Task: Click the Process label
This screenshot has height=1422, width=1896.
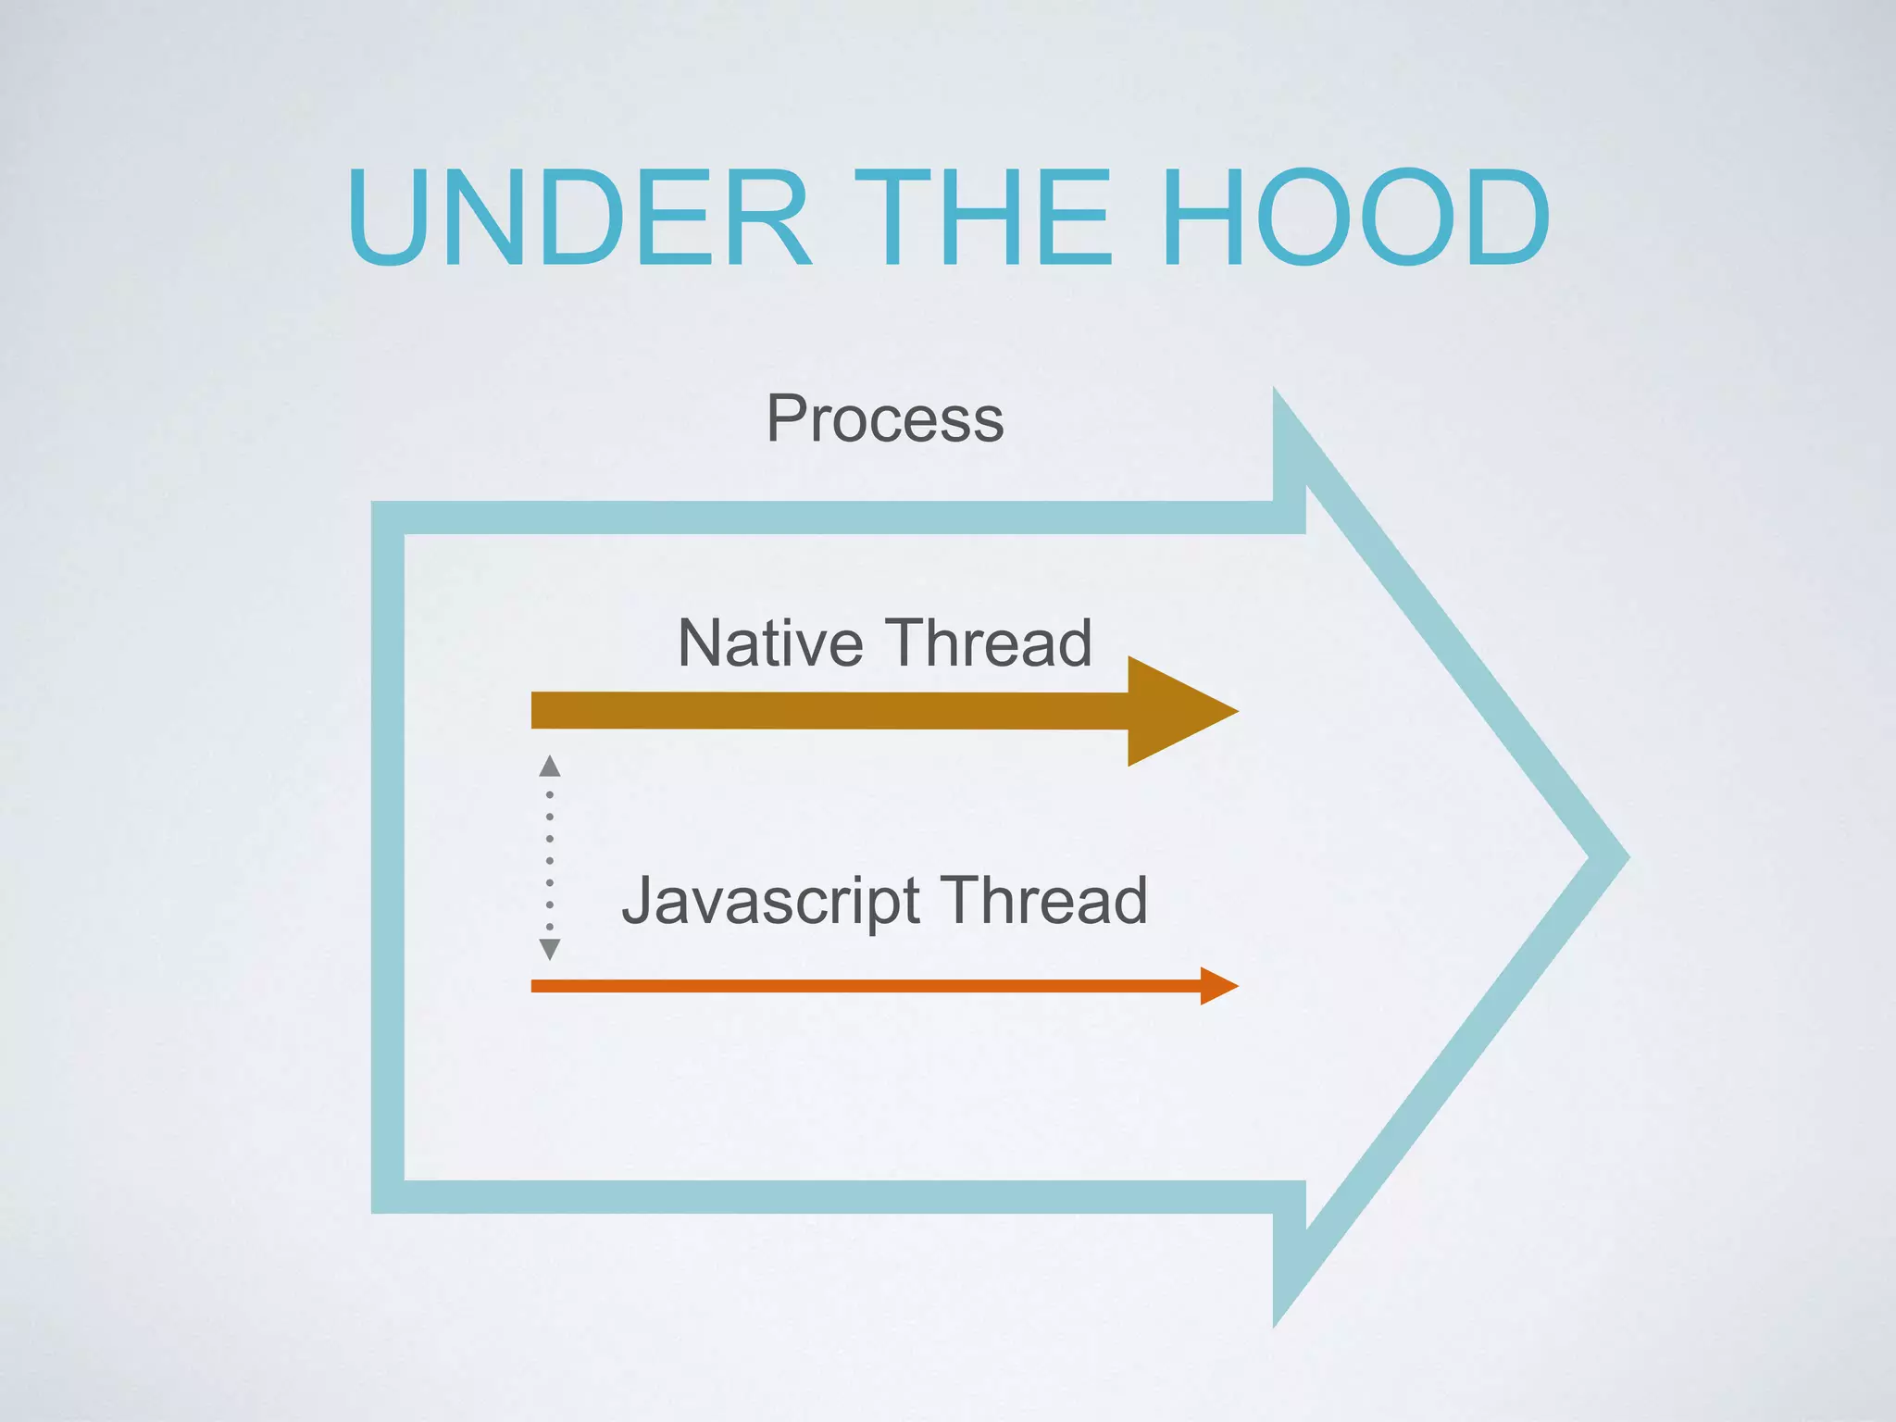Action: pyautogui.click(x=885, y=419)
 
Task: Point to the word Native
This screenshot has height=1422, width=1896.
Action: pyautogui.click(x=770, y=642)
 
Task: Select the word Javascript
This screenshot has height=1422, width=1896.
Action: pyautogui.click(x=770, y=901)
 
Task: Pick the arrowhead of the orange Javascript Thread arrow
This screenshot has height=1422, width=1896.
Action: pyautogui.click(x=1216, y=986)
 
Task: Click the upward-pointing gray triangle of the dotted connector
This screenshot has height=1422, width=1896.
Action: pyautogui.click(x=550, y=766)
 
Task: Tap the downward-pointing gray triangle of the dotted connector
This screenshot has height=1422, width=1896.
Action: pyautogui.click(x=550, y=948)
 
